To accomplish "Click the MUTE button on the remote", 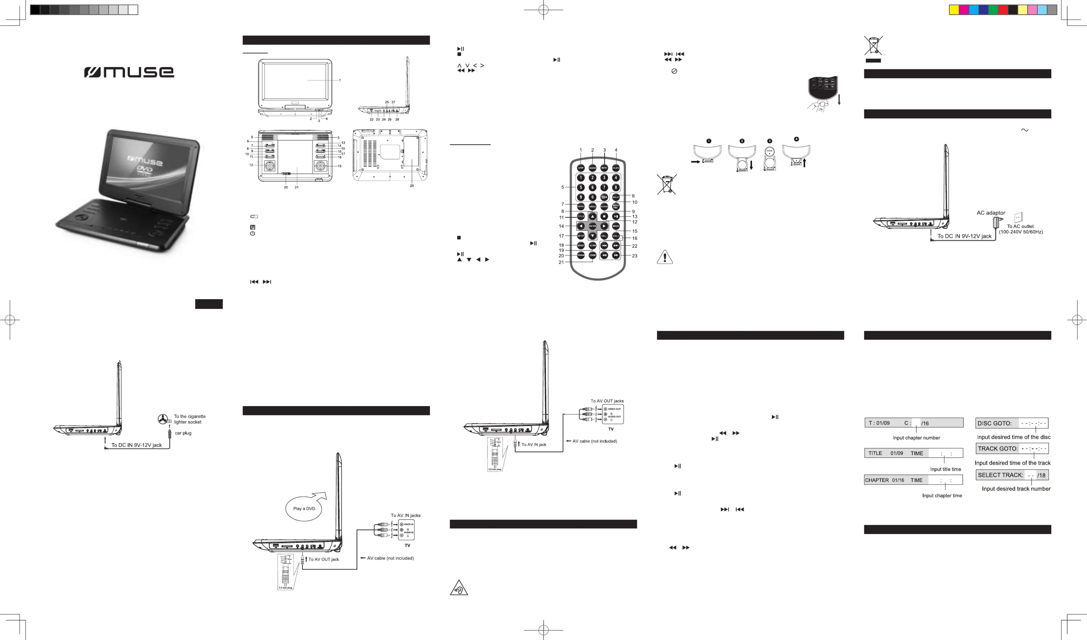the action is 604,168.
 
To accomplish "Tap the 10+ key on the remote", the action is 604,197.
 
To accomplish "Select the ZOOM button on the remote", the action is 592,256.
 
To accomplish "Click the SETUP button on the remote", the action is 581,236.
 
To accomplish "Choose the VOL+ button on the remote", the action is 616,236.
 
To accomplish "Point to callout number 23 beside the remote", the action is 634,256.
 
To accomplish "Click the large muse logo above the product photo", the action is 129,72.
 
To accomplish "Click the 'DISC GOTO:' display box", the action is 1012,423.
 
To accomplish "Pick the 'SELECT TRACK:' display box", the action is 1012,475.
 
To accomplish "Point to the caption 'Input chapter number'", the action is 916,438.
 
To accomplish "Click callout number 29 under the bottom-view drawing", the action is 412,186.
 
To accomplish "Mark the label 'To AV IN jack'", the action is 534,444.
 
